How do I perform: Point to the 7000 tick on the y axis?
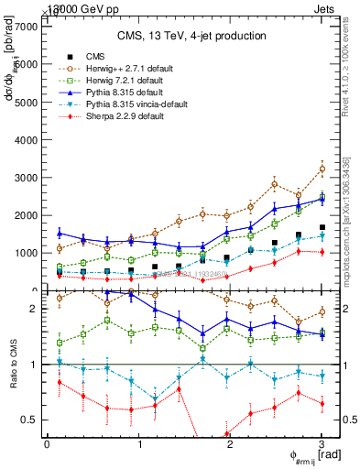pyautogui.click(x=27, y=27)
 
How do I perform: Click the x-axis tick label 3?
pyautogui.click(x=322, y=443)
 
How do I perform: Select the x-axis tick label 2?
pyautogui.click(x=230, y=443)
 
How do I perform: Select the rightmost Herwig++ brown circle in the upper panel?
pyautogui.click(x=322, y=169)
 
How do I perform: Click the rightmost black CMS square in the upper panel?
pyautogui.click(x=322, y=227)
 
